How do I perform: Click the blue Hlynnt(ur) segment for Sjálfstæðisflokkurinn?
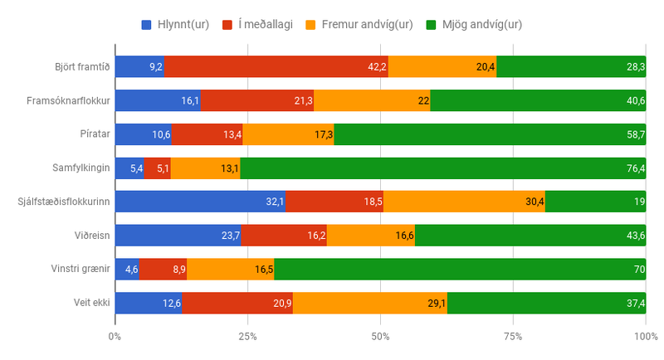click(199, 202)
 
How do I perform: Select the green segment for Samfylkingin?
click(442, 168)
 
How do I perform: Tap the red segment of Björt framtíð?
click(276, 66)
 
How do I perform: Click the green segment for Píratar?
click(490, 134)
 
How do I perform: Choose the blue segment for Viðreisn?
click(178, 236)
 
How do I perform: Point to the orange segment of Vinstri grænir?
click(230, 270)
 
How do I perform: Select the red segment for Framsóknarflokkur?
click(257, 100)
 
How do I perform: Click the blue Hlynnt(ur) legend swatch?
click(147, 24)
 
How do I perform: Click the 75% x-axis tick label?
click(513, 336)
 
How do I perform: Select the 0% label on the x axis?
click(115, 336)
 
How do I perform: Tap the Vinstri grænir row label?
click(81, 270)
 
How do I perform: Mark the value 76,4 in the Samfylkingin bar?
click(635, 168)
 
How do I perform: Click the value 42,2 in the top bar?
click(378, 66)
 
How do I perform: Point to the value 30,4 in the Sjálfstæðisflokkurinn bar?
click(535, 202)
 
